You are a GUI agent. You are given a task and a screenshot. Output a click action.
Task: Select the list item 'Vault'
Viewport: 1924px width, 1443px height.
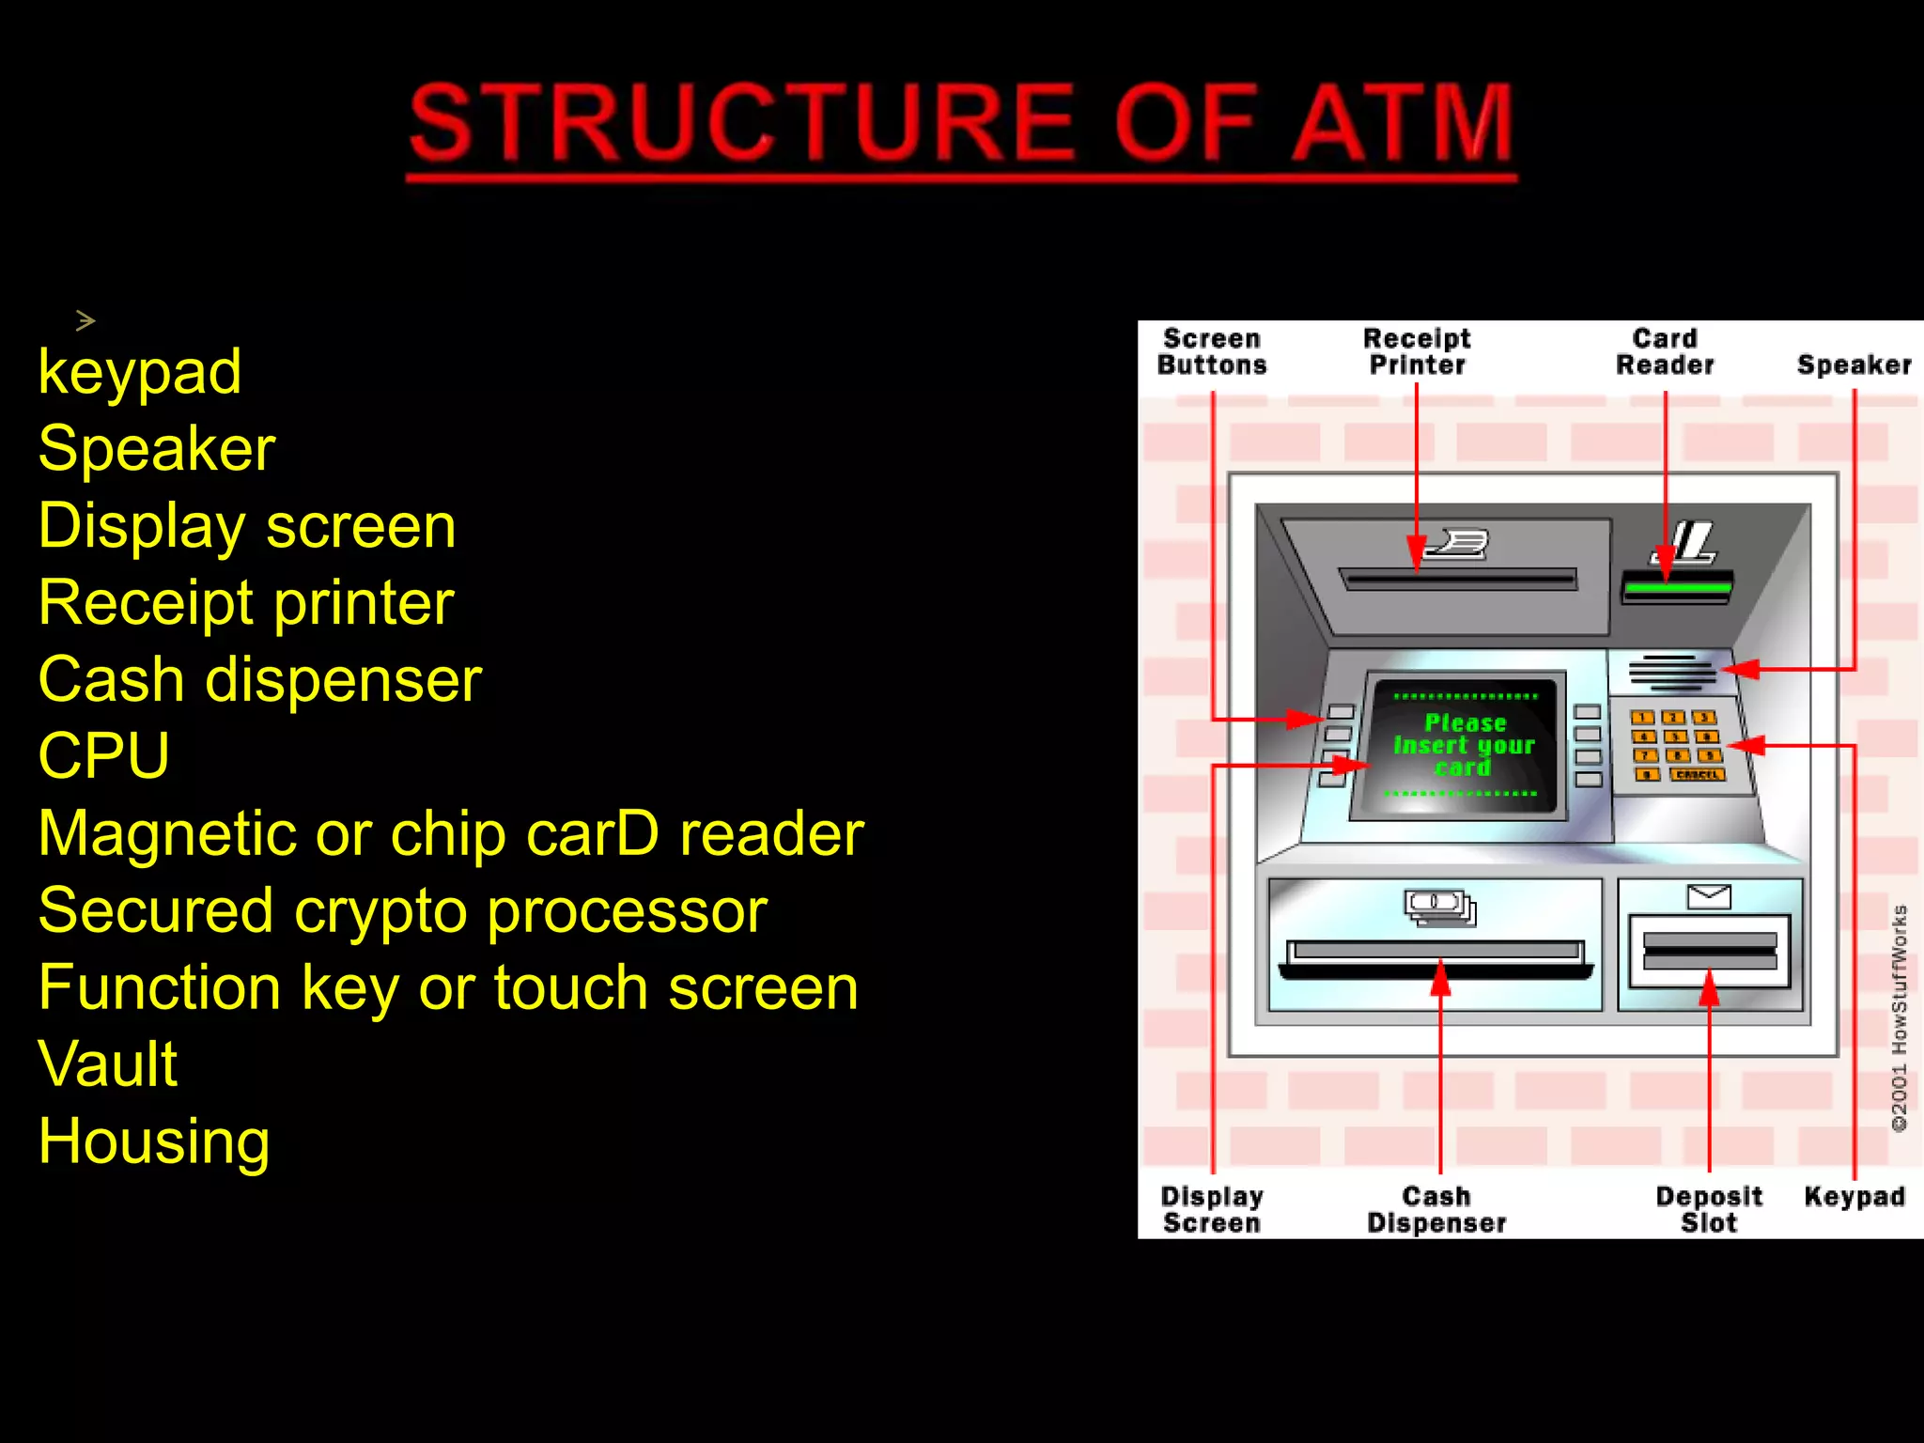(x=108, y=1064)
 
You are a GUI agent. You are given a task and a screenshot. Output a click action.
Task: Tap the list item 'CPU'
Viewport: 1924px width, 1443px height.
(x=103, y=755)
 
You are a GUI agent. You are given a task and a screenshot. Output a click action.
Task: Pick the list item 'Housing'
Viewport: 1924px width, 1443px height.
(x=154, y=1141)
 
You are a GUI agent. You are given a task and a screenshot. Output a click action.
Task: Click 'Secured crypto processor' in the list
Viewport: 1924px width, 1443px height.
(x=402, y=910)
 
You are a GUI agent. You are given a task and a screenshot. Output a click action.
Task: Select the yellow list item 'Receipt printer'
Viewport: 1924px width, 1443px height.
(x=246, y=602)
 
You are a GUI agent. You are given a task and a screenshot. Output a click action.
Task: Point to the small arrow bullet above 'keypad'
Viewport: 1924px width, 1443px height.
(x=85, y=321)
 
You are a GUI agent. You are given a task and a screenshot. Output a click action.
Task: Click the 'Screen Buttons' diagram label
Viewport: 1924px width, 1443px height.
(x=1212, y=352)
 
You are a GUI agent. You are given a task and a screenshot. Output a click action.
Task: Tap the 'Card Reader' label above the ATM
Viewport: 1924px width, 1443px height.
(x=1665, y=352)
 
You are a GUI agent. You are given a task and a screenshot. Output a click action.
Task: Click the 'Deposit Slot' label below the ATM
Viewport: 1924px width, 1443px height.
(x=1708, y=1210)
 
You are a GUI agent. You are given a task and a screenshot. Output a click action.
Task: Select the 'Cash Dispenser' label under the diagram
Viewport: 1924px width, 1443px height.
(x=1436, y=1210)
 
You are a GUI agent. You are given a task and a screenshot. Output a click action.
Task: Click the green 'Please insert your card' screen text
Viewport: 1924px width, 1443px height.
(x=1463, y=745)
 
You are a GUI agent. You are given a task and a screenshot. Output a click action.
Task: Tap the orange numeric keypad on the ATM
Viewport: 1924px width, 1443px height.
(x=1678, y=746)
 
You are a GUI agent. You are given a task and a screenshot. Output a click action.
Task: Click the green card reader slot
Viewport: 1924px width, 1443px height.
(x=1677, y=588)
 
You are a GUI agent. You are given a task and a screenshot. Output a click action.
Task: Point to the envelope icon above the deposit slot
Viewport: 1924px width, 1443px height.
(x=1709, y=896)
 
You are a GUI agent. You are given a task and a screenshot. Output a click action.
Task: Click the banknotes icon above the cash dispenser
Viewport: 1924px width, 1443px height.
(x=1439, y=907)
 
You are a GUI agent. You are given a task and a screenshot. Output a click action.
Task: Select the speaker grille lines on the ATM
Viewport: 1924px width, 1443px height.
(x=1671, y=671)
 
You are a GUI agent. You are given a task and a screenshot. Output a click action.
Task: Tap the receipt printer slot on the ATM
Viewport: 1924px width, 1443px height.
(x=1458, y=580)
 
